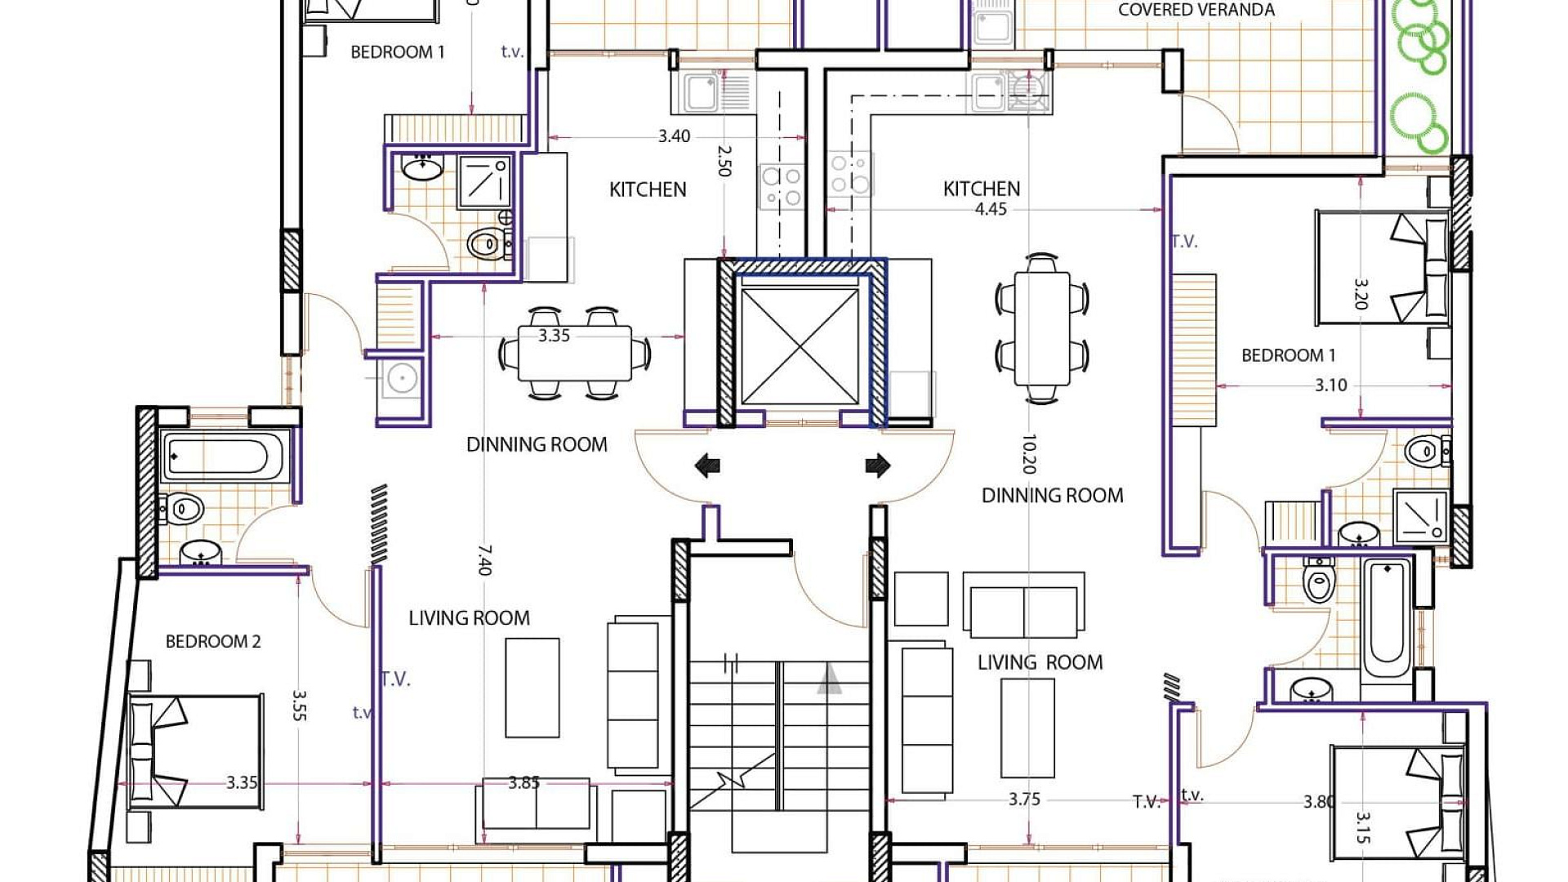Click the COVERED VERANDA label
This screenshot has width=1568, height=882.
(x=1196, y=10)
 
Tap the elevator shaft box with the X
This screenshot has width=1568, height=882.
(x=800, y=346)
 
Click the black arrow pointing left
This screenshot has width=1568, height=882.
(x=707, y=466)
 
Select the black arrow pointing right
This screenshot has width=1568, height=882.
(x=878, y=465)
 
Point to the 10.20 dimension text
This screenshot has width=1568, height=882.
(x=1029, y=454)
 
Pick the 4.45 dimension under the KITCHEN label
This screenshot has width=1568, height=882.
(x=991, y=209)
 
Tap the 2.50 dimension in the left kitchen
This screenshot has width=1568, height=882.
(x=724, y=161)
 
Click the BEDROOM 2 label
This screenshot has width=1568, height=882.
(x=213, y=642)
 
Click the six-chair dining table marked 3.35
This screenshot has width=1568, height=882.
(x=575, y=353)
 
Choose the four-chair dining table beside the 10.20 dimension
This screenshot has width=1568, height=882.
(x=1042, y=328)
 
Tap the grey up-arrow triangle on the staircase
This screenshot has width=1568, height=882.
(x=830, y=679)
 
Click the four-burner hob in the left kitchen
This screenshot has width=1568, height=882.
(x=782, y=185)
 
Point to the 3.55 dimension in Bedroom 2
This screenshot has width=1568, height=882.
(x=299, y=706)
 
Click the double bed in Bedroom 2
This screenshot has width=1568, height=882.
(x=196, y=752)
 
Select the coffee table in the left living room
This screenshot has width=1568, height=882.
(x=532, y=688)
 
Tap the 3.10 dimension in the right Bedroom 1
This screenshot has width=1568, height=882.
(x=1331, y=385)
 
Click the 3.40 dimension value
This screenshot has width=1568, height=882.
(x=675, y=136)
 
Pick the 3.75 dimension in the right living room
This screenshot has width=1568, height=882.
(x=1024, y=800)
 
